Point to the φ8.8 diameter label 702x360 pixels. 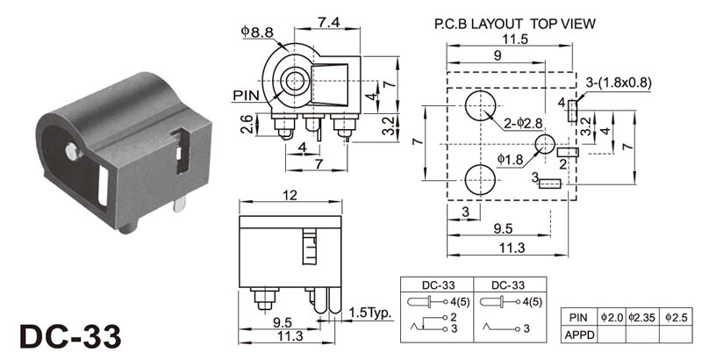(x=256, y=32)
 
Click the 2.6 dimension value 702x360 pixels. (x=247, y=126)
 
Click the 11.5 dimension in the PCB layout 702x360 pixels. (x=512, y=40)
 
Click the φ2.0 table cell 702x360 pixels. (x=610, y=316)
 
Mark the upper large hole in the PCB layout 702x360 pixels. (x=479, y=107)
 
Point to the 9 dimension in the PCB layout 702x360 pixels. (x=497, y=54)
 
